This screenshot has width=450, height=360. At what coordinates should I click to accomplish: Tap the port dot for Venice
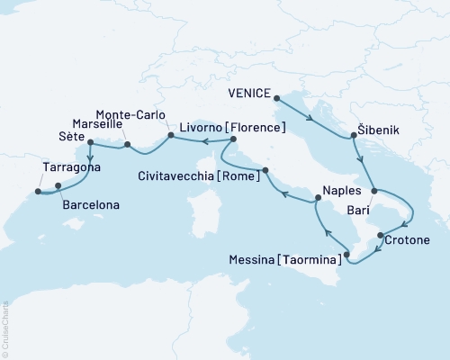pyautogui.click(x=275, y=98)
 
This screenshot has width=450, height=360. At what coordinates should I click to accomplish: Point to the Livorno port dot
pyautogui.click(x=232, y=139)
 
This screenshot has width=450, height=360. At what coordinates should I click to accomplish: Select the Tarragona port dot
pyautogui.click(x=38, y=191)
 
